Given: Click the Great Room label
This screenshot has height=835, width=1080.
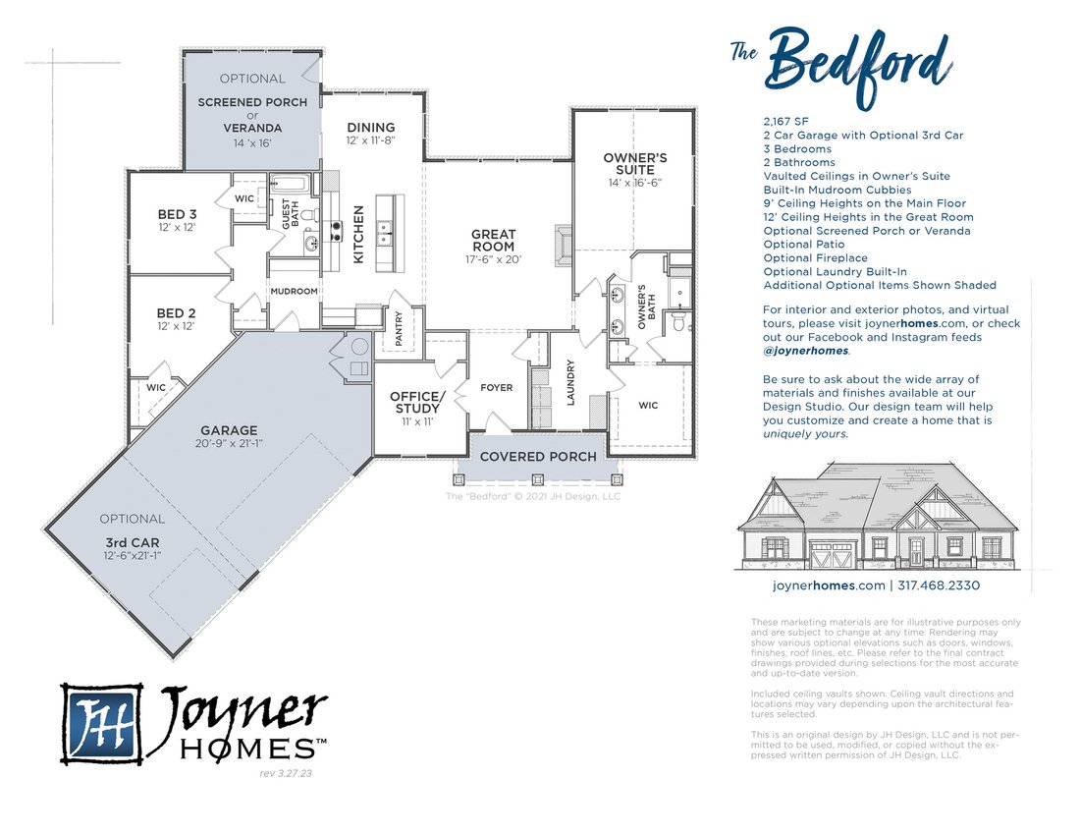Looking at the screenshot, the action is (493, 241).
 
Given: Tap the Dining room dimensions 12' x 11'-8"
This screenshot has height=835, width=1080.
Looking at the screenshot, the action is (370, 140).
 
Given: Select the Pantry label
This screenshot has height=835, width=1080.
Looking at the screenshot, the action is (399, 329).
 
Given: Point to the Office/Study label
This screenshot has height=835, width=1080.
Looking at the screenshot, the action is (417, 402).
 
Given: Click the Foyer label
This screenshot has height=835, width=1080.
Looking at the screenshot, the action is (497, 388).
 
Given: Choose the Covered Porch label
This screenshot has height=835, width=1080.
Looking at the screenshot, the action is (538, 457).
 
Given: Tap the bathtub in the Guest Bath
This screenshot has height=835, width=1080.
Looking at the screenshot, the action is (292, 184).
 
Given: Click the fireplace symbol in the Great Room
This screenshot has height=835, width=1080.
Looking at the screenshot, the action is (563, 245).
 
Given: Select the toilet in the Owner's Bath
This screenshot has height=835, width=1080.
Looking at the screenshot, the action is (677, 321).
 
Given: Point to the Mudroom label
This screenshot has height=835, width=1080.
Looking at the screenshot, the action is (295, 292).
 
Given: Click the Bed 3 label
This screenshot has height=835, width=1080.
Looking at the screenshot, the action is (177, 214).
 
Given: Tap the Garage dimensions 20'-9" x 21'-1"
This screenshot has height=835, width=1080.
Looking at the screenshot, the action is (229, 444).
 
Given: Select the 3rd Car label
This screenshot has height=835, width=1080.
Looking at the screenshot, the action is (133, 543).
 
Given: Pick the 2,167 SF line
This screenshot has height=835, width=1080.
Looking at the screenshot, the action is (785, 121).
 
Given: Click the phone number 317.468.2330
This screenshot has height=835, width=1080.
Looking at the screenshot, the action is (939, 585).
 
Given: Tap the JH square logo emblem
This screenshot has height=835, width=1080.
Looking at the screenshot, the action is (101, 723).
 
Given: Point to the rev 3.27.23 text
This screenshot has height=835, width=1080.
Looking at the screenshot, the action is (286, 774).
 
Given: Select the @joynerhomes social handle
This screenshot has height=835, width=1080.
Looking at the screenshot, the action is (805, 351).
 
